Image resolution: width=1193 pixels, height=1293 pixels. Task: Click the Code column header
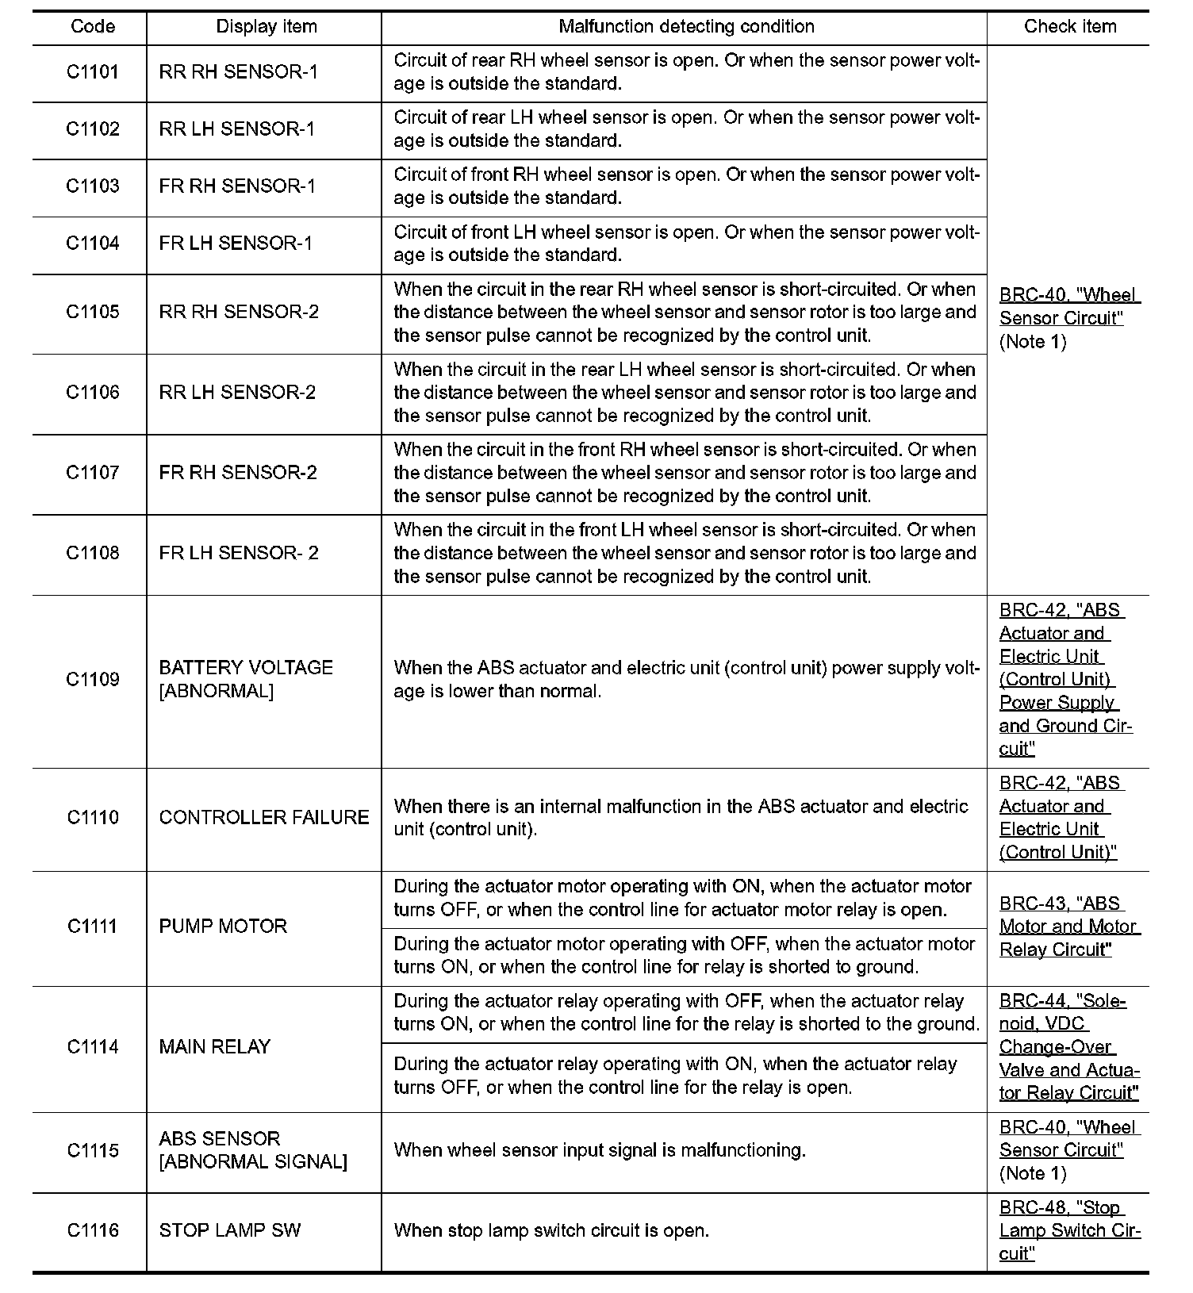(x=93, y=27)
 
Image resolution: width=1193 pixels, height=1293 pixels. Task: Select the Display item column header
(x=267, y=27)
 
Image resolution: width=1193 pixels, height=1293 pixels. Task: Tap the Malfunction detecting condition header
(x=686, y=27)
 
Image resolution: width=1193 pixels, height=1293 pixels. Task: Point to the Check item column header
(x=1070, y=27)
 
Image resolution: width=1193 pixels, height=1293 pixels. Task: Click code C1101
(x=93, y=72)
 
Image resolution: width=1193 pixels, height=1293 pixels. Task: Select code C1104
(x=93, y=244)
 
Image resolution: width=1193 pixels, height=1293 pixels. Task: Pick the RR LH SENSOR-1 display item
(x=237, y=129)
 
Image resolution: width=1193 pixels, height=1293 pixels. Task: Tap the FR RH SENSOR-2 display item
(x=238, y=473)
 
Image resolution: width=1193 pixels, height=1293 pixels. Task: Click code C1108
(x=93, y=553)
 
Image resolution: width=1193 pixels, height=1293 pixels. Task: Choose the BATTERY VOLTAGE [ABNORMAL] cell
(x=246, y=679)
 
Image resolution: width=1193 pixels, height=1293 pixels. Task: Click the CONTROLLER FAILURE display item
(x=264, y=818)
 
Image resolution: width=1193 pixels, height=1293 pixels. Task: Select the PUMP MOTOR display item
(x=223, y=927)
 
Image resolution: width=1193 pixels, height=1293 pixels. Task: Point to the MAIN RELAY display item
(x=215, y=1047)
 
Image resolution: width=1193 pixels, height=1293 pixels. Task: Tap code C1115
(x=93, y=1151)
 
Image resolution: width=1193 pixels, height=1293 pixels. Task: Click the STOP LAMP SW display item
(x=230, y=1231)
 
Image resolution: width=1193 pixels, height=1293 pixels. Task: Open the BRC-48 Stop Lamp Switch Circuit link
(x=1069, y=1231)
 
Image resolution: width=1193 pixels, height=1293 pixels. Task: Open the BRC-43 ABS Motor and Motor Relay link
(x=1068, y=927)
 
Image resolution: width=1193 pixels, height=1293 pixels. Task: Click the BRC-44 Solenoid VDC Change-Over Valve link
(x=1068, y=1047)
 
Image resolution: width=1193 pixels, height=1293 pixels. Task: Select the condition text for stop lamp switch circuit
(x=551, y=1231)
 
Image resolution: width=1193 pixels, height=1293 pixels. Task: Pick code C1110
(x=93, y=818)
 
